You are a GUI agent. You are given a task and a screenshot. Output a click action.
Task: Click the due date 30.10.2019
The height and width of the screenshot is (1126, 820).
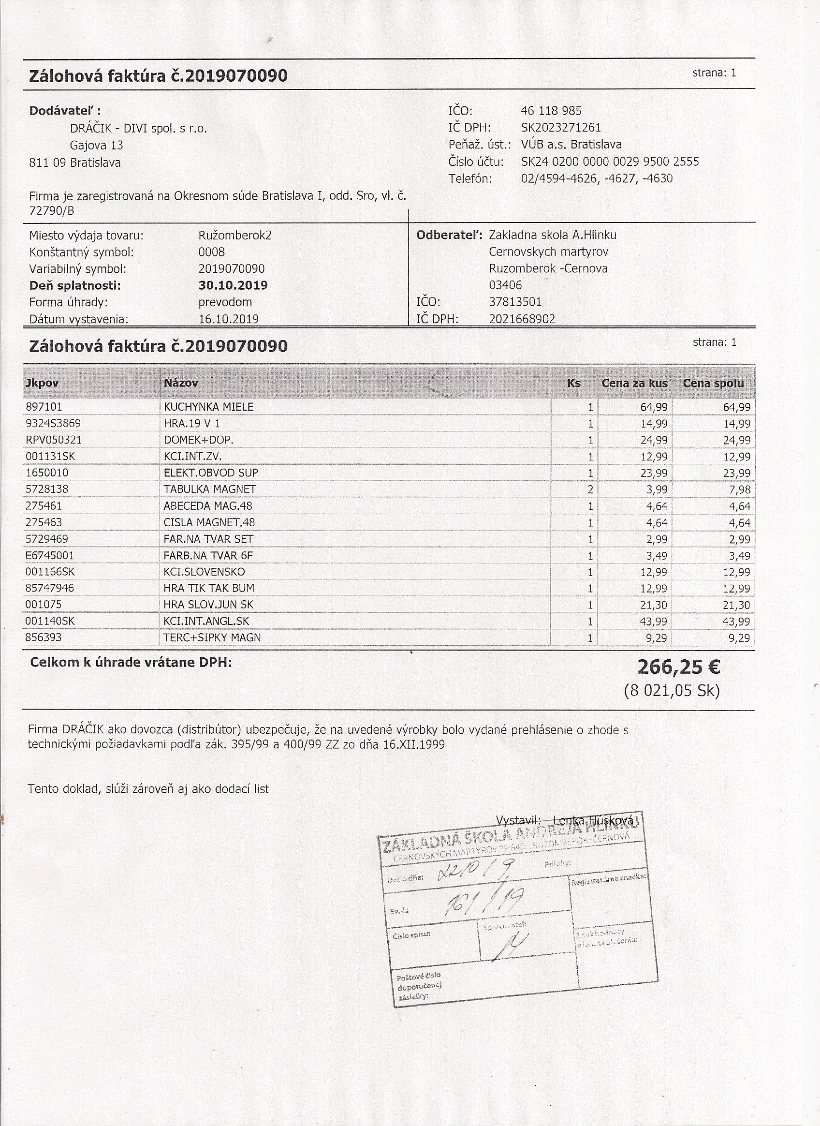coord(233,285)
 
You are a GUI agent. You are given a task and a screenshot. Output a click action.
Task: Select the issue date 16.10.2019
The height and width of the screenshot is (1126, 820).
coord(228,319)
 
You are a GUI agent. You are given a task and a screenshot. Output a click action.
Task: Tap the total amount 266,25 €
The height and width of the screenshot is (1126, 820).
coord(678,667)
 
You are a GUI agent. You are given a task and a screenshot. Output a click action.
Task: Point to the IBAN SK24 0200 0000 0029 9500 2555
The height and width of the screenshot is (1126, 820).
coord(610,162)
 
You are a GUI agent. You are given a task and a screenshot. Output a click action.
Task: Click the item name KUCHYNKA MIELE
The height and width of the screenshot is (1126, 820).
coord(208,407)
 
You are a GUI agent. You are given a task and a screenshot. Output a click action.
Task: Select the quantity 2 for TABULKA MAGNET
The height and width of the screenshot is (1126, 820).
coord(590,489)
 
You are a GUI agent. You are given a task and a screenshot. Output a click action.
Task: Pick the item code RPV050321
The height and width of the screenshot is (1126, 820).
coord(54,440)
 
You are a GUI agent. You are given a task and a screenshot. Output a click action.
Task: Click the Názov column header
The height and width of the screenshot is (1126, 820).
coord(181,383)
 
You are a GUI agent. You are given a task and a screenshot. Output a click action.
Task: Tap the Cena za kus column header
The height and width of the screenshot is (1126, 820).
coord(634,383)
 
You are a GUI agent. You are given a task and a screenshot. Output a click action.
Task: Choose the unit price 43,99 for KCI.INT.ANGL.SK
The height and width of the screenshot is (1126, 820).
coord(654,621)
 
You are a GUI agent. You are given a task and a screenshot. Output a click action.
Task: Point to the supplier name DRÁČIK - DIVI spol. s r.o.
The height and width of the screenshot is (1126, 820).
coord(138,129)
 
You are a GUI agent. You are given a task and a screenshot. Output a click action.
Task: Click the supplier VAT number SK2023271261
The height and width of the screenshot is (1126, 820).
coord(561,128)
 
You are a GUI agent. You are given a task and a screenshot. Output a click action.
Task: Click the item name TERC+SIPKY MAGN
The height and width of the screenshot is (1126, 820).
coord(212,637)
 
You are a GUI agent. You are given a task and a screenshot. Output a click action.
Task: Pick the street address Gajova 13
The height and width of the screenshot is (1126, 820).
coord(96,146)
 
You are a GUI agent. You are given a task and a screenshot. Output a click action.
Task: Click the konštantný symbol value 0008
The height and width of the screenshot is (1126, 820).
coord(211,252)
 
